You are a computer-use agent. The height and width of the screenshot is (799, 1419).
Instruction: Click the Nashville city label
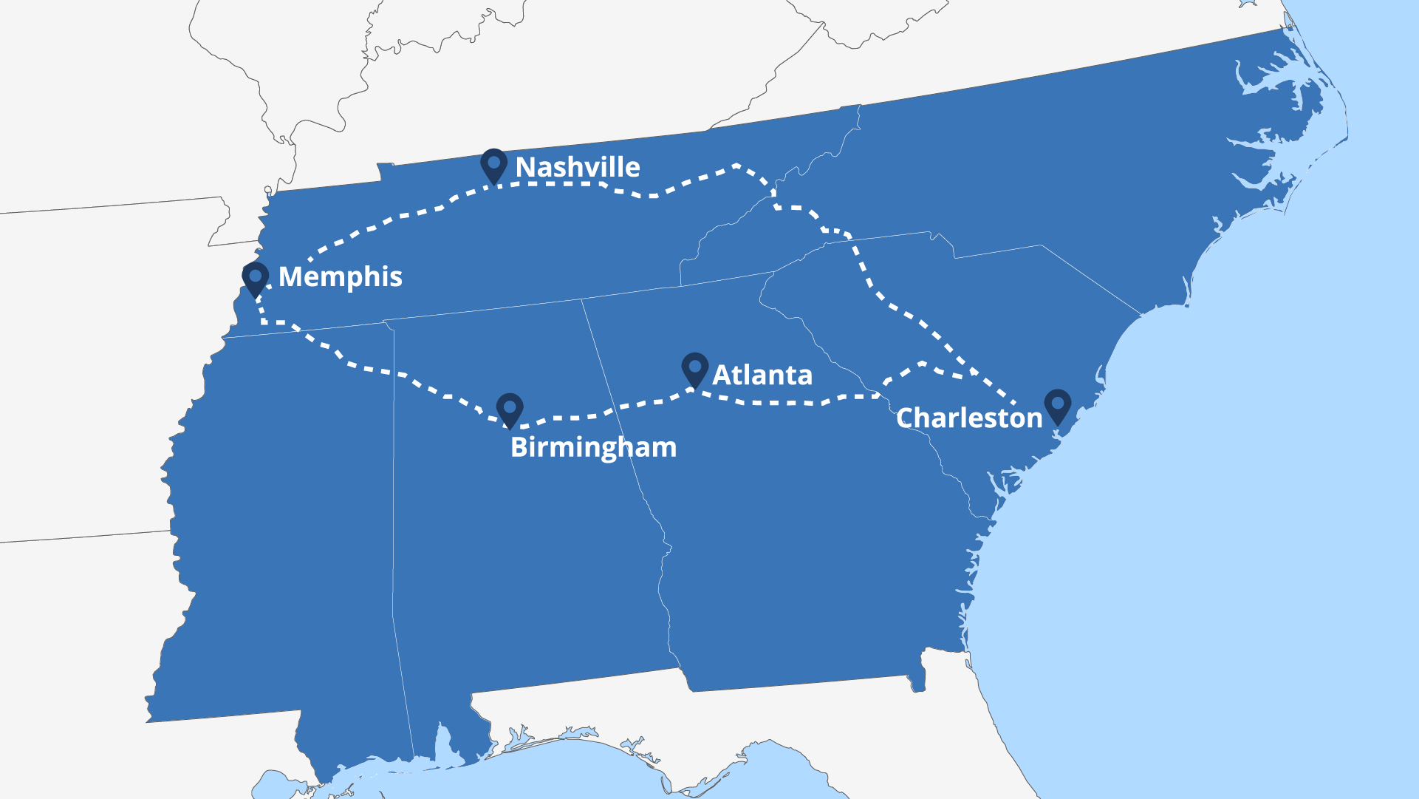pos(577,168)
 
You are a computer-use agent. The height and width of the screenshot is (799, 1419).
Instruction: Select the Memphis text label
pos(340,277)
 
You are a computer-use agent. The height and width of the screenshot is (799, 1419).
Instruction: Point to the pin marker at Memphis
pos(256,278)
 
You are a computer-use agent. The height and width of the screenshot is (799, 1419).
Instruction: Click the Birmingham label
pos(593,447)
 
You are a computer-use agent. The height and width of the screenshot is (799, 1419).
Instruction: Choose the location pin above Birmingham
pos(510,409)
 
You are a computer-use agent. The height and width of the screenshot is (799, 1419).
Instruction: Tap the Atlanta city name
pos(762,375)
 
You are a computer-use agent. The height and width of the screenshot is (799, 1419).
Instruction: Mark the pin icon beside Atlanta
pos(694,367)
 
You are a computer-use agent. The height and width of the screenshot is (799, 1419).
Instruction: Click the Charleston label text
pos(968,418)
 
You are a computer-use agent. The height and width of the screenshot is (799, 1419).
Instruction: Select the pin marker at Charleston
pos(1058,405)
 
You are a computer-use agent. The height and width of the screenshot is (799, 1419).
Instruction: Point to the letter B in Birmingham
pos(519,447)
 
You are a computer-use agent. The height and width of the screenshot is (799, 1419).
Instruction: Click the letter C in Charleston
pos(906,418)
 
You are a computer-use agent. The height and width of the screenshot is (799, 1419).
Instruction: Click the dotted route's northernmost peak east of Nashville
pos(736,166)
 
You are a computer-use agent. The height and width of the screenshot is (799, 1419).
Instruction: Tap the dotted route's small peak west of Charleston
pos(923,363)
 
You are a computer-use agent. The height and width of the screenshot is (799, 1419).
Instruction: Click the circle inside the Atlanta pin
pos(694,364)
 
